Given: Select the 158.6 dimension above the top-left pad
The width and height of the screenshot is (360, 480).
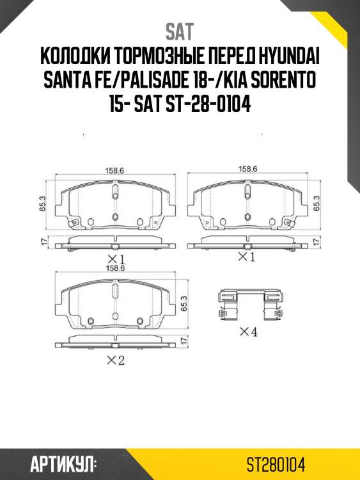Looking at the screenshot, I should [114, 170].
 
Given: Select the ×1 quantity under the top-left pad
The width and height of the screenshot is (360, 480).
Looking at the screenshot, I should [114, 259].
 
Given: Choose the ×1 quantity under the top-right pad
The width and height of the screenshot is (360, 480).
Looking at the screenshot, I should [246, 257].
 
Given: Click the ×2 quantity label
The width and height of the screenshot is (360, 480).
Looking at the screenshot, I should [114, 361].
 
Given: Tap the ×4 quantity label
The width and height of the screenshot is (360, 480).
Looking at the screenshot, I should [248, 332].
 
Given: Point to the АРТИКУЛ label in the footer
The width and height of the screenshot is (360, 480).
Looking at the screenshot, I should [63, 462].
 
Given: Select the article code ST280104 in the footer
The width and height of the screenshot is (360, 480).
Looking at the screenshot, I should [277, 463].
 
